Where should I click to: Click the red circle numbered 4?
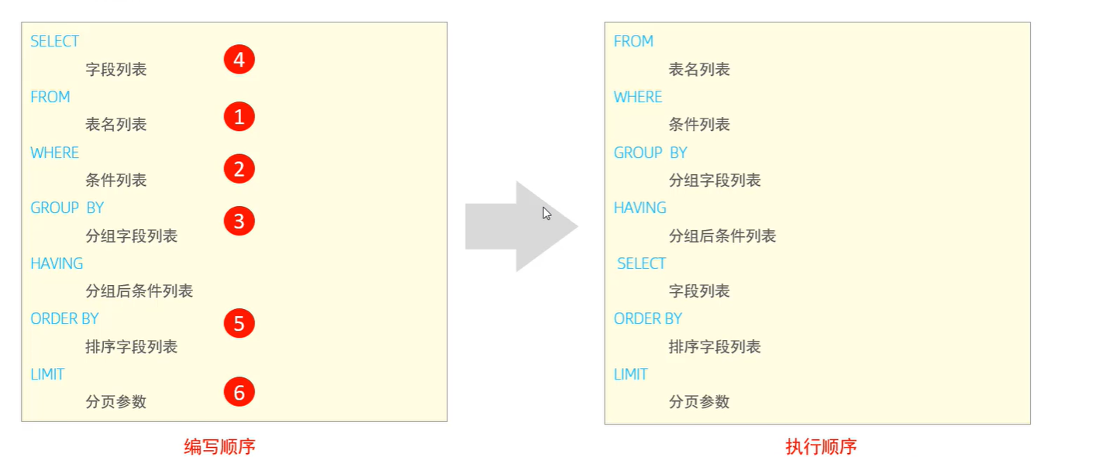[240, 60]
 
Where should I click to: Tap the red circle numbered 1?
[240, 117]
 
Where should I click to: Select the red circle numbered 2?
[240, 169]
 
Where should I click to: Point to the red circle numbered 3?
[240, 222]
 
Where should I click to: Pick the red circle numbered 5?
[240, 323]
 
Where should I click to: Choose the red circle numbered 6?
[240, 393]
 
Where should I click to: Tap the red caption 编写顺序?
[219, 447]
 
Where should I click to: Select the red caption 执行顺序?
[821, 447]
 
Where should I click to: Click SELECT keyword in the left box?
[54, 41]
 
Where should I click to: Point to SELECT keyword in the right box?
[641, 263]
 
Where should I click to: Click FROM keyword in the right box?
[633, 41]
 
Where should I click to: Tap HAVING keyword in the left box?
[57, 263]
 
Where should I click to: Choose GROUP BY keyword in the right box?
[650, 153]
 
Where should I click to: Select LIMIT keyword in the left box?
[47, 374]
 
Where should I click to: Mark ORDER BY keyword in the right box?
[648, 318]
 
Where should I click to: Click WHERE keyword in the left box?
[54, 153]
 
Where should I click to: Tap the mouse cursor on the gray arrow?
[546, 213]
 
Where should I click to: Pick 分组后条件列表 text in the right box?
[722, 235]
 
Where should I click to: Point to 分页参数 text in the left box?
[115, 402]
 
